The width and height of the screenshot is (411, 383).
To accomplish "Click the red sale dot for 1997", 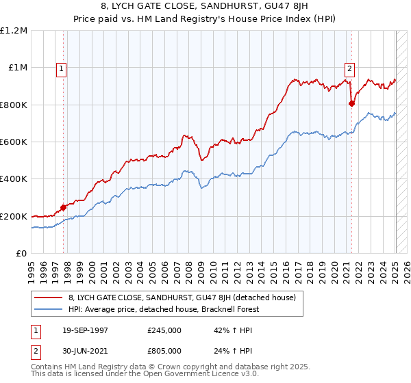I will click(x=64, y=207).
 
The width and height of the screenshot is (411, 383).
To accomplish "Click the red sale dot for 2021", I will click(x=351, y=103).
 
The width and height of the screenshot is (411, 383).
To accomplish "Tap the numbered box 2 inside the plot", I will click(x=349, y=68).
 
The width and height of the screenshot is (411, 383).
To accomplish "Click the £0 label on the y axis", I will click(x=22, y=254).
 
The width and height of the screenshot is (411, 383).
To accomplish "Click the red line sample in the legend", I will click(x=48, y=298).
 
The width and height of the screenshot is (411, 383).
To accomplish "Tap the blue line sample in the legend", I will click(x=48, y=309).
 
